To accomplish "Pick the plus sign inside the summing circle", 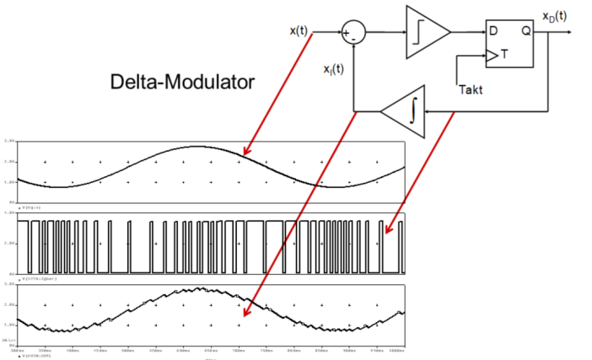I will coord(347,33).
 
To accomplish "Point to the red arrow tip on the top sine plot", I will coord(243,155).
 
